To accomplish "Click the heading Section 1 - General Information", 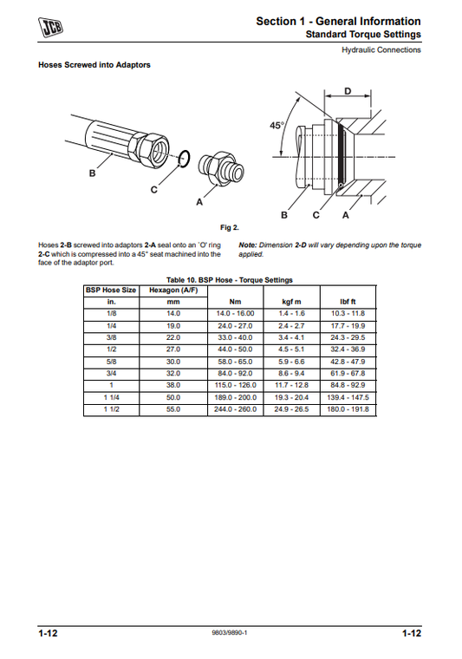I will pos(339,21).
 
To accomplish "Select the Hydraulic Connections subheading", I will pos(381,49).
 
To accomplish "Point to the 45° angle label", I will pos(277,126).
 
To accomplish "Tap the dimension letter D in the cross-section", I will pos(348,90).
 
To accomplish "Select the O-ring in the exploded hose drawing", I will pos(182,159).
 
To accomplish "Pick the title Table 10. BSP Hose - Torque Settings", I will pos(230,279).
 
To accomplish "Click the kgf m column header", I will pos(291,301).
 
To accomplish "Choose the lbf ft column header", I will pos(349,301).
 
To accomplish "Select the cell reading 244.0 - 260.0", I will pos(234,409).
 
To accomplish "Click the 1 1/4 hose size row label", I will pos(111,397).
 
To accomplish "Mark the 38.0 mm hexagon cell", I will pos(173,385).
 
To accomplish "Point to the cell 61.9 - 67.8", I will pos(349,373).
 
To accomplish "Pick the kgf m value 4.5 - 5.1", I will pos(291,349).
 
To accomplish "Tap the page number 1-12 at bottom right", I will pos(412,634).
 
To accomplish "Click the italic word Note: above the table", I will pos(248,245).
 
